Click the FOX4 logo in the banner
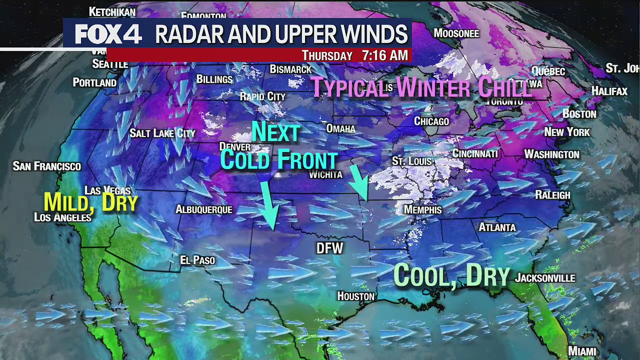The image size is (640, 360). (108, 34)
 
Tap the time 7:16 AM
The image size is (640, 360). (384, 55)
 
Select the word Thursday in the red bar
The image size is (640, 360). (327, 55)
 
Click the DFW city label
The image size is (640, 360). (330, 248)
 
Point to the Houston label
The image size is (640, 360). (355, 296)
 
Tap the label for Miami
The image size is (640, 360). (582, 351)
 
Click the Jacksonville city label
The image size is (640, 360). (545, 278)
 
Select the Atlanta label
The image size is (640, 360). (497, 227)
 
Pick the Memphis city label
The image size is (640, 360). (423, 209)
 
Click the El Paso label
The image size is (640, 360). (197, 260)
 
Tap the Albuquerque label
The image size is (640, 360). (204, 209)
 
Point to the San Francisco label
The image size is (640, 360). (47, 166)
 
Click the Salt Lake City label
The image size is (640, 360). (162, 133)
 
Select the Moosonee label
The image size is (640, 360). (456, 33)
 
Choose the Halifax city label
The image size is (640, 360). (609, 91)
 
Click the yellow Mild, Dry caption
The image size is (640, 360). (90, 202)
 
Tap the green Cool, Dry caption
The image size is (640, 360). (451, 275)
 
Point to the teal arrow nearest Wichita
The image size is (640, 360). (359, 183)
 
